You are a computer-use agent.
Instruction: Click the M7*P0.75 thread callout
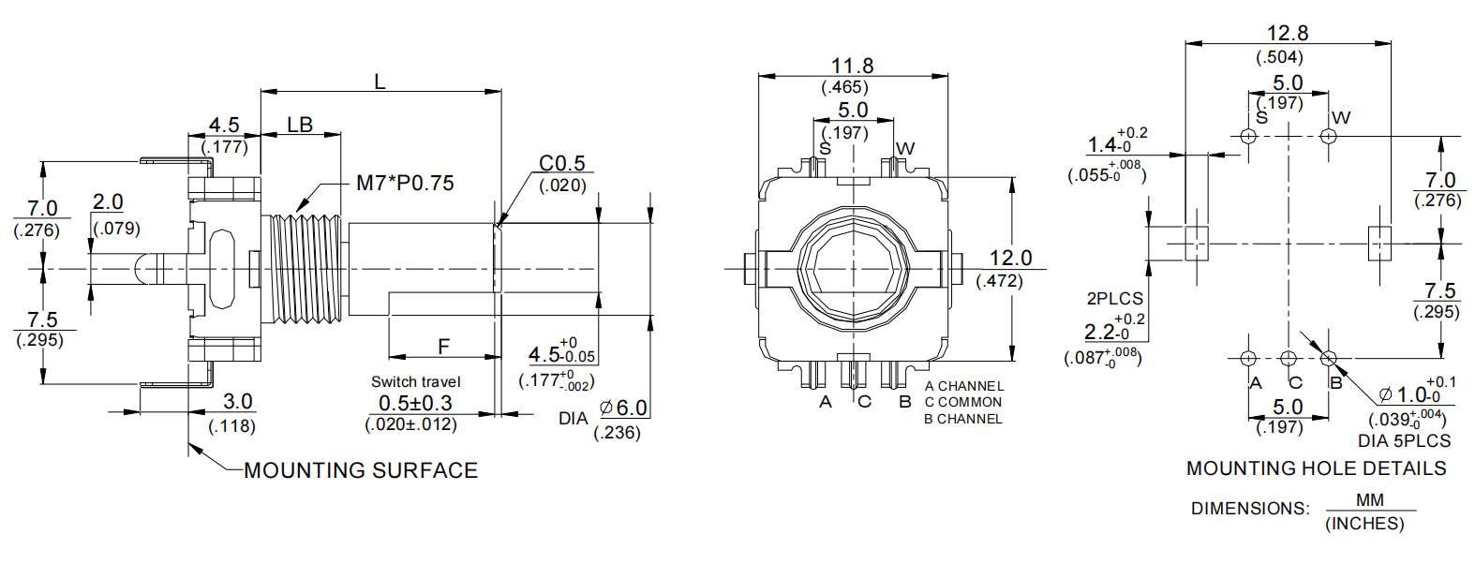click(405, 183)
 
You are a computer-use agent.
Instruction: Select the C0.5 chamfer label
click(561, 163)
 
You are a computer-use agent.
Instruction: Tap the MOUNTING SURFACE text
click(361, 470)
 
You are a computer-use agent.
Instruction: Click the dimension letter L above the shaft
click(380, 82)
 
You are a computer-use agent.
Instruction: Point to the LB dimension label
click(300, 126)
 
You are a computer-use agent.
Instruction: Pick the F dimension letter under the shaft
click(444, 347)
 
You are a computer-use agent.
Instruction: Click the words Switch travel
click(415, 381)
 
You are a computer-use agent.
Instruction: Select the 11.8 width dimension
click(852, 66)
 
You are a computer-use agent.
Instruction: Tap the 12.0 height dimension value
click(1010, 258)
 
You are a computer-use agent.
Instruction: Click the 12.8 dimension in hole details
click(1287, 33)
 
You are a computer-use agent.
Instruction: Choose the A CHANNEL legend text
click(963, 386)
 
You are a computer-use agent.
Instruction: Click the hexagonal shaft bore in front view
click(853, 269)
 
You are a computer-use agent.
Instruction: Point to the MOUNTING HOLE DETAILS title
click(1316, 468)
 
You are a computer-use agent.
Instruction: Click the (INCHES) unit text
click(1364, 524)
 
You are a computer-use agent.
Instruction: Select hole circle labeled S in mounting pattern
click(1248, 136)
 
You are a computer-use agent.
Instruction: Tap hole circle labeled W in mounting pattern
click(1328, 136)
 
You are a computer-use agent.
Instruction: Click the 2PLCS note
click(1114, 299)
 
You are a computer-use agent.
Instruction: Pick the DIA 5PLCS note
click(1404, 440)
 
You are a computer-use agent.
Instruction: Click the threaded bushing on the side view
click(305, 269)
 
